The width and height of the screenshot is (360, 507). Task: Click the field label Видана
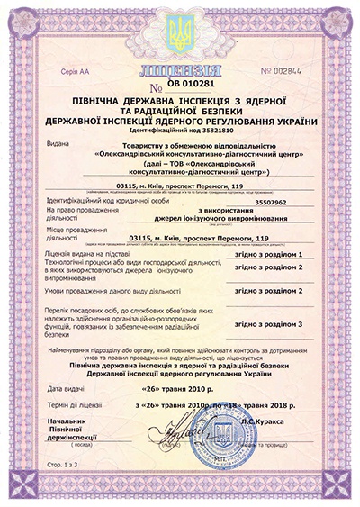click(55, 142)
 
